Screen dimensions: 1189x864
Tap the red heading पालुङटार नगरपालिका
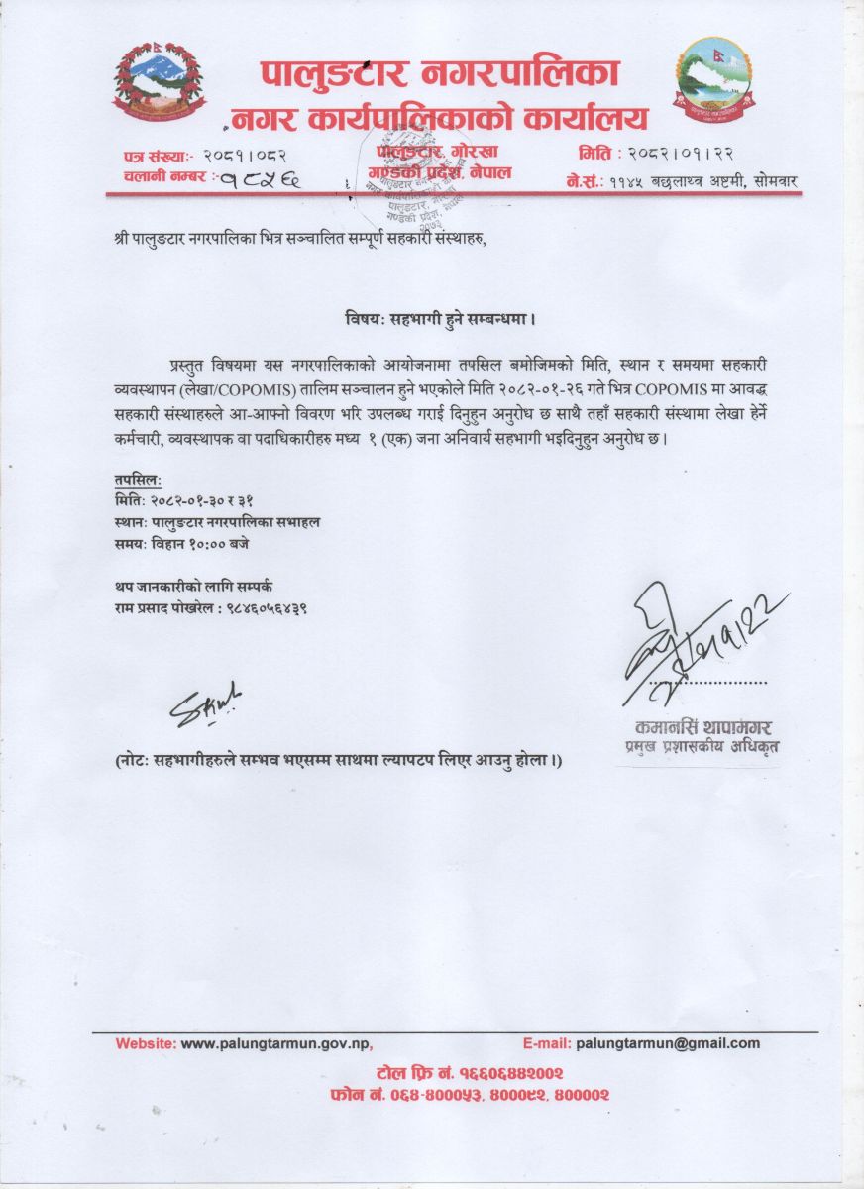pyautogui.click(x=441, y=73)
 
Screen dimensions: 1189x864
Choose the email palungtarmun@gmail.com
pyautogui.click(x=668, y=1043)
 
